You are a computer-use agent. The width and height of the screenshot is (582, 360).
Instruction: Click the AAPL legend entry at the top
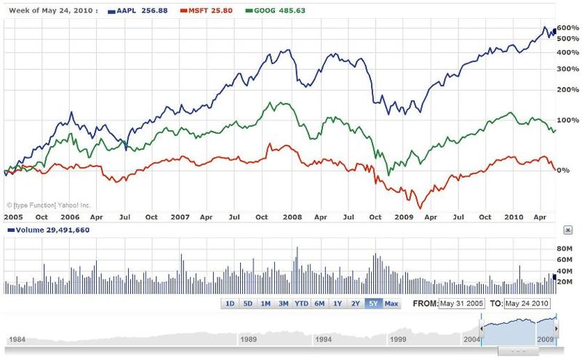click(138, 11)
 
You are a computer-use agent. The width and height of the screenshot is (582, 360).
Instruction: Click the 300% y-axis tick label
click(566, 69)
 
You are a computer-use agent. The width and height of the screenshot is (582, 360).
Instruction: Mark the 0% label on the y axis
click(562, 170)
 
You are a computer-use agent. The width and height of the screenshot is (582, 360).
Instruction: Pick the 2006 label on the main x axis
click(70, 217)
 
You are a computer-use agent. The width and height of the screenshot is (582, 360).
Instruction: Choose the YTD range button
click(301, 303)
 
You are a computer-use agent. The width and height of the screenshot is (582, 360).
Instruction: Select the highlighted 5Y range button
click(372, 303)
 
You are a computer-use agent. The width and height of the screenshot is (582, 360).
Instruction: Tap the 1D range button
click(230, 303)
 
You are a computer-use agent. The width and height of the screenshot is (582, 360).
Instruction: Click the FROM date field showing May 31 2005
click(461, 303)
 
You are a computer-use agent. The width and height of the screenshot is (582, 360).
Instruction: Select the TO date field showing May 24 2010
click(527, 303)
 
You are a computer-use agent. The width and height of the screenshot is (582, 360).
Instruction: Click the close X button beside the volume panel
click(567, 230)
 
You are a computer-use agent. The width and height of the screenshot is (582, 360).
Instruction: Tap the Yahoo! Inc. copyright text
click(48, 206)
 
